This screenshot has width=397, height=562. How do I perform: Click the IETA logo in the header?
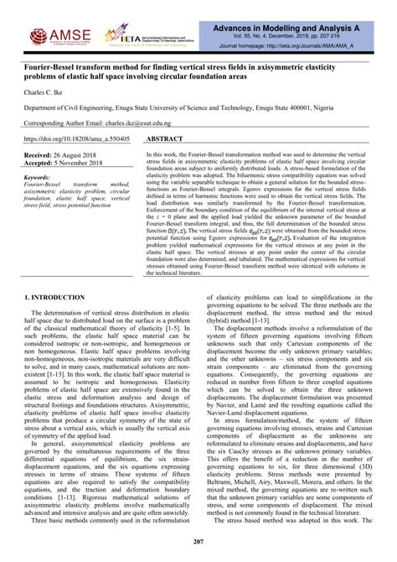[126, 36]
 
